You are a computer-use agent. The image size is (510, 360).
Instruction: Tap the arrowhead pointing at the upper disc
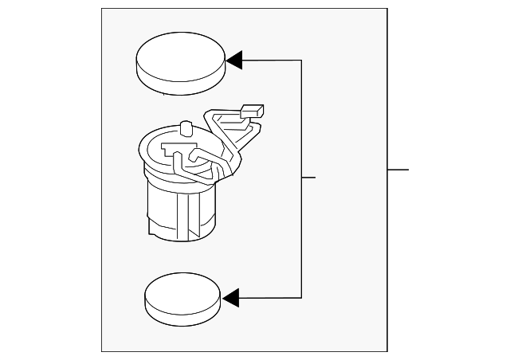[x=234, y=60]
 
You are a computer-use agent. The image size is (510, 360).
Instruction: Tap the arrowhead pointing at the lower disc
[x=231, y=298]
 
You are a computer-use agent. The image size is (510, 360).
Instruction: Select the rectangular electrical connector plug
[x=252, y=112]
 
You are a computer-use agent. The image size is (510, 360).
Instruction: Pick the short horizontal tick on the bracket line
[x=309, y=177]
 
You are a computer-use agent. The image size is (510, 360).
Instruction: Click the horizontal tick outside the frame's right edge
[x=398, y=169]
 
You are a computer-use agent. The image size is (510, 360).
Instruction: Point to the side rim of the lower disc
[x=182, y=315]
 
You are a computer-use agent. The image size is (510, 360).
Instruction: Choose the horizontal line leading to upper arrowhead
[x=271, y=60]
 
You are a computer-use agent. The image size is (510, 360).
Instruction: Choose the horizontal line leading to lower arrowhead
[x=271, y=298]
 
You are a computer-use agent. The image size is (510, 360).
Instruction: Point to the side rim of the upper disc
[x=178, y=84]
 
